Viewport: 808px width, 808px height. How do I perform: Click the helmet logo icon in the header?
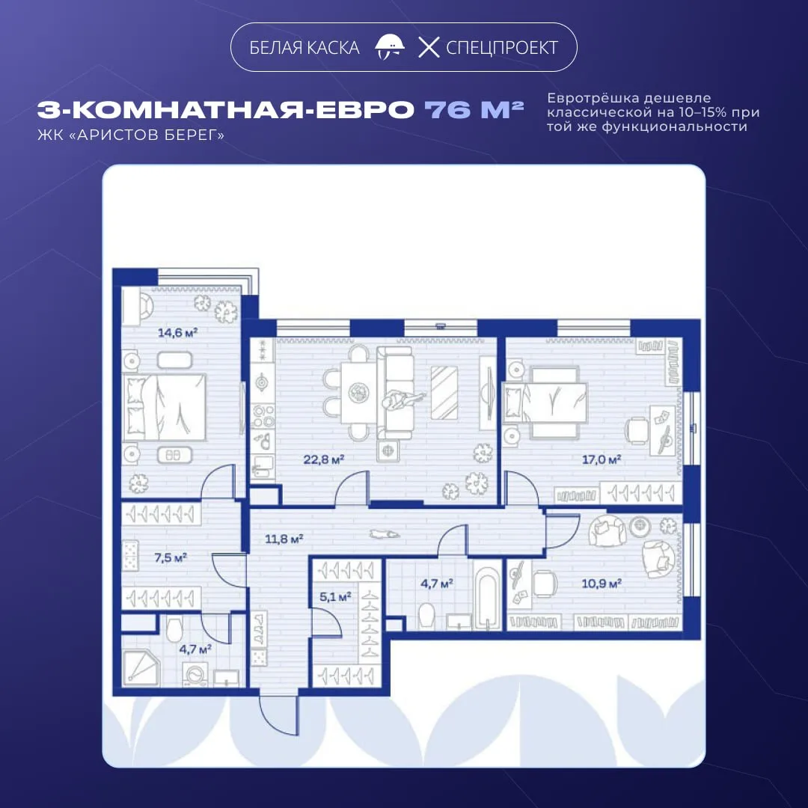[x=390, y=47]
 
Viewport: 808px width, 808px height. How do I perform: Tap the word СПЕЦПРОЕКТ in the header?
[x=501, y=48]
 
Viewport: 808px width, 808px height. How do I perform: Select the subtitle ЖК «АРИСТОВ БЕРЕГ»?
[x=131, y=135]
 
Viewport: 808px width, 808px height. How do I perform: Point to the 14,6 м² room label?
[x=177, y=332]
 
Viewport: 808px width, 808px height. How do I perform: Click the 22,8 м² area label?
[x=324, y=459]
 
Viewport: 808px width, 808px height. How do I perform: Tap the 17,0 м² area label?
[x=602, y=459]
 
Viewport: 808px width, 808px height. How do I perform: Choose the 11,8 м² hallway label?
[x=284, y=539]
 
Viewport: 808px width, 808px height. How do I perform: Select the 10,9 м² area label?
[x=602, y=584]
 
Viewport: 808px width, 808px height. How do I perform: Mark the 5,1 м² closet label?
[x=335, y=597]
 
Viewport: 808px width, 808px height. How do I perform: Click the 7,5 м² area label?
[x=171, y=557]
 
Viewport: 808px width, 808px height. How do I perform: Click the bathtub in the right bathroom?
[x=487, y=599]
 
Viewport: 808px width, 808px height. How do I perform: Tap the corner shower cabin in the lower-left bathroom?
[x=141, y=668]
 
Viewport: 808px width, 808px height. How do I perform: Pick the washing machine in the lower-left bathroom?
[x=195, y=675]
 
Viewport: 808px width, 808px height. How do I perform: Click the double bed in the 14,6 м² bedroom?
[x=165, y=407]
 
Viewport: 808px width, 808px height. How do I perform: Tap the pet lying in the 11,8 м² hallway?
[x=385, y=534]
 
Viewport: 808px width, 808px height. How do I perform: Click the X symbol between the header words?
[x=429, y=47]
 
